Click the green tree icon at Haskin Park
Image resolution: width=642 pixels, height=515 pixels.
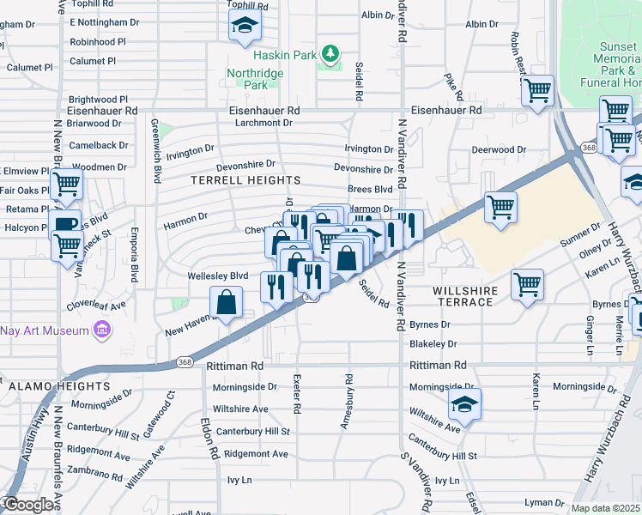(330, 54)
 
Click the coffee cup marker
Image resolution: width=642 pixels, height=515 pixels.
(65, 225)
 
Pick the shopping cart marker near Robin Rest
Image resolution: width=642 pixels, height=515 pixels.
(537, 90)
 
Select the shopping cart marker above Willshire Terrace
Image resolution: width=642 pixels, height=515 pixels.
(501, 206)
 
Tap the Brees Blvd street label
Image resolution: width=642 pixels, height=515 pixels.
(370, 190)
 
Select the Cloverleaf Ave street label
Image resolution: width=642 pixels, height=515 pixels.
(96, 306)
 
